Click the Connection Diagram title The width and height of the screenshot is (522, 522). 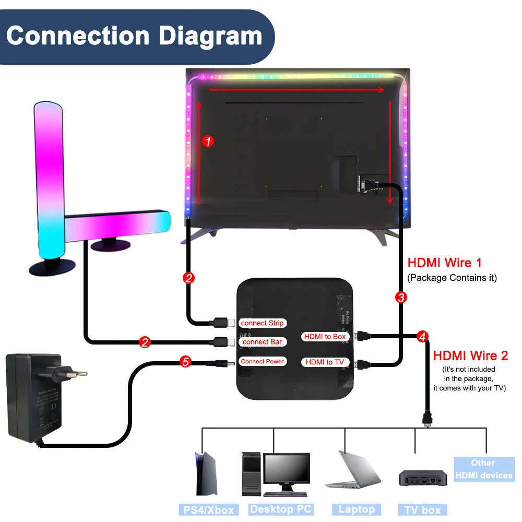pos(134,36)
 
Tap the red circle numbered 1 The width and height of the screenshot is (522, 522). pos(208,141)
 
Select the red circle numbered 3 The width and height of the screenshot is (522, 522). pos(401,298)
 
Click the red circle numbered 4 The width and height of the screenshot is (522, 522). pos(423,337)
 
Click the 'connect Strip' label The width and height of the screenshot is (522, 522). pos(263,323)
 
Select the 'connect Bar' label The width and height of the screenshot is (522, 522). pos(263,342)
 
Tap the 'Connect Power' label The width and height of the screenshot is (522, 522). pos(263,361)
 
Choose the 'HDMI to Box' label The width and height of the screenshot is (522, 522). pos(325,337)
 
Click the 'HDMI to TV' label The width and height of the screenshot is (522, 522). pos(325,362)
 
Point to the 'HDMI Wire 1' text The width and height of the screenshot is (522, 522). pos(445,263)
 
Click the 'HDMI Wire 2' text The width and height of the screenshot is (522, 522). pos(470,356)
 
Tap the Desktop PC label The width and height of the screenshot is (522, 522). pos(281,509)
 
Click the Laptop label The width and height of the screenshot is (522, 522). pos(357,509)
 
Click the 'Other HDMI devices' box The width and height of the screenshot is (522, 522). pos(483,469)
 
